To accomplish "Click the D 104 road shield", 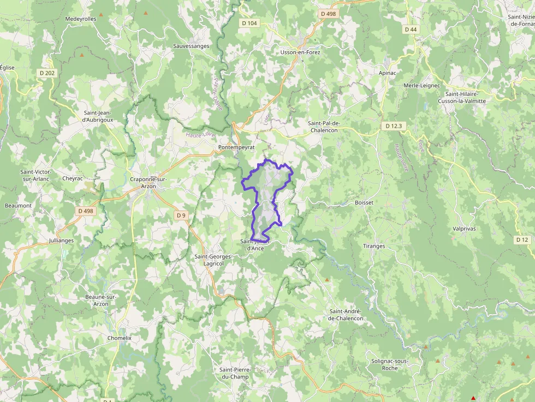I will coord(249,23).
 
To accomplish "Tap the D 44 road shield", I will coord(411,29).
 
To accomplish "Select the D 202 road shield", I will coord(47,73).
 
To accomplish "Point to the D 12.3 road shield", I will coord(393,126).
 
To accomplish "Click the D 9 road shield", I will coord(181,215).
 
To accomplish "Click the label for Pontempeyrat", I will coord(236,148).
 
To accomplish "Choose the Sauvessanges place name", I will coord(191,46).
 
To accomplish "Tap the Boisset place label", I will coord(364,202).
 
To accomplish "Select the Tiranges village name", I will coord(374,246).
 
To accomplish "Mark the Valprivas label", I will coord(464,229).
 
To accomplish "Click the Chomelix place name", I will coord(120,338).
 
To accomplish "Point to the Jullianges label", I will coord(61,240).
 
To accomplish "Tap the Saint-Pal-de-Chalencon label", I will coord(331,127).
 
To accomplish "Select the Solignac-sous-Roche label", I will coord(390,364).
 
